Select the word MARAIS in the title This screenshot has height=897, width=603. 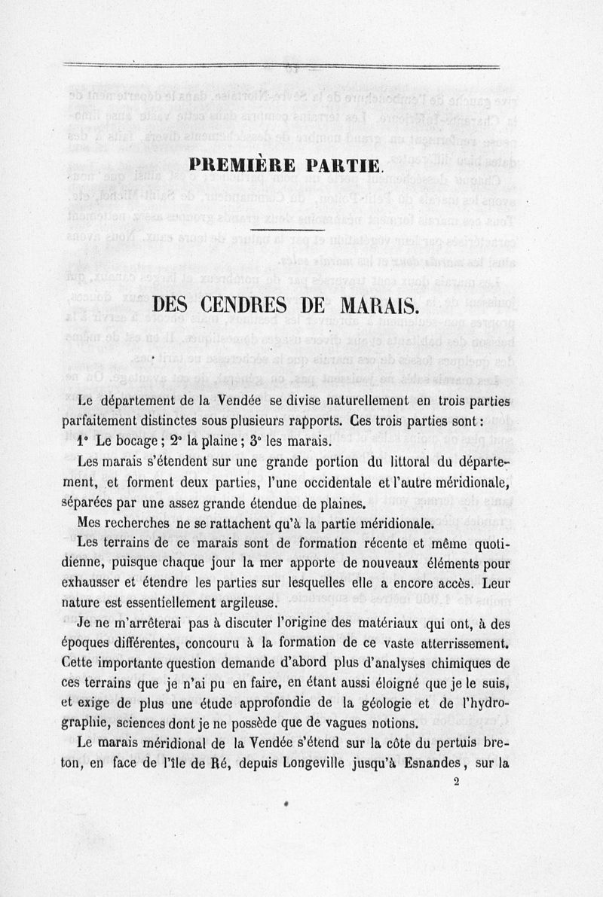point(375,305)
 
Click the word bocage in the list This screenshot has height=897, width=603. point(132,441)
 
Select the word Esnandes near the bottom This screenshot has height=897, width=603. point(425,763)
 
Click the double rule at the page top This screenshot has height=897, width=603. point(281,66)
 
